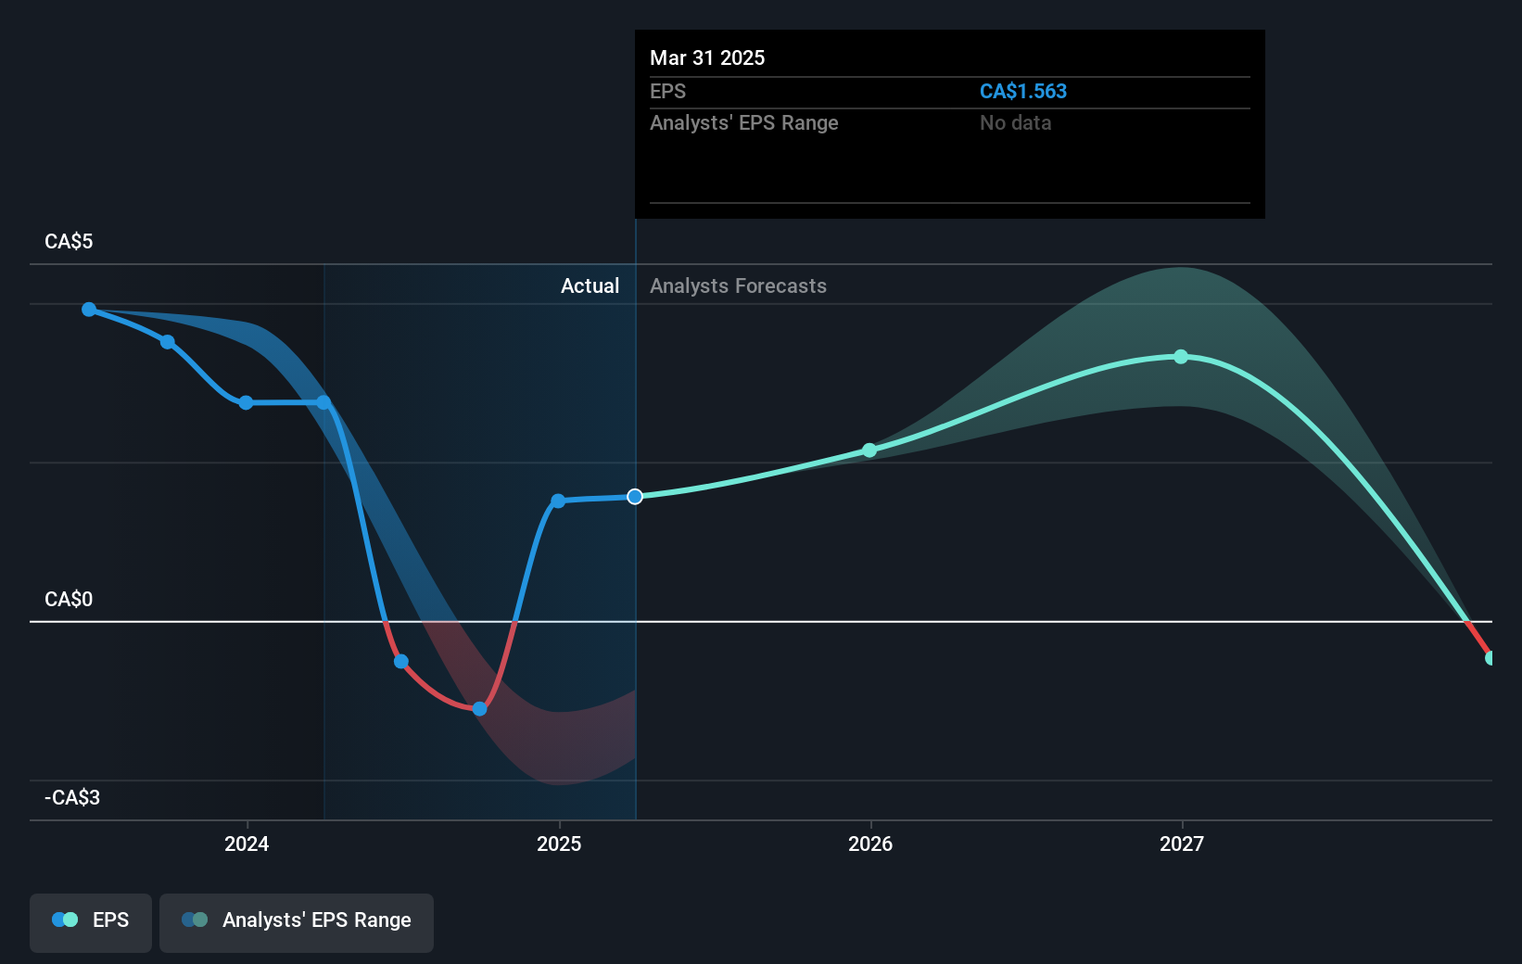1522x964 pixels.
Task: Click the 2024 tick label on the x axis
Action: click(247, 843)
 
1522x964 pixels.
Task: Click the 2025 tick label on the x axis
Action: click(559, 843)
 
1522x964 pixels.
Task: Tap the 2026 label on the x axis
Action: click(870, 843)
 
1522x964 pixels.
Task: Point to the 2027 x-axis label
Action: click(1182, 843)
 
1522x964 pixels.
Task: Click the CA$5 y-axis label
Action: click(69, 242)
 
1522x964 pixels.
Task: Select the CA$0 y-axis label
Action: click(69, 600)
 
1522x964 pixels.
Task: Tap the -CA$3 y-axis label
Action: click(72, 798)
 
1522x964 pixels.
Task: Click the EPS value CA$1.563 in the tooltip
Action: click(1023, 92)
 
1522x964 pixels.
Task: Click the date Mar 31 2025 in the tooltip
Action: click(707, 58)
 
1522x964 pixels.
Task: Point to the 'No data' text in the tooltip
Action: click(1015, 123)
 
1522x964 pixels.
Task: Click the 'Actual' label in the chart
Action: click(590, 286)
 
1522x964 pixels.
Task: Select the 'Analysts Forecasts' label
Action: click(738, 286)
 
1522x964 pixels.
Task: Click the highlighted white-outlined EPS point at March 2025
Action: click(635, 497)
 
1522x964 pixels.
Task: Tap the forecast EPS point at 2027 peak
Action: click(1181, 357)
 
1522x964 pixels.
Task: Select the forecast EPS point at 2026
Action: click(869, 450)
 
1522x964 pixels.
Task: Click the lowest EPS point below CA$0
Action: click(479, 709)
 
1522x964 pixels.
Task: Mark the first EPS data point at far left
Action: click(89, 310)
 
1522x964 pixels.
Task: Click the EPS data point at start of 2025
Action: click(558, 501)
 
